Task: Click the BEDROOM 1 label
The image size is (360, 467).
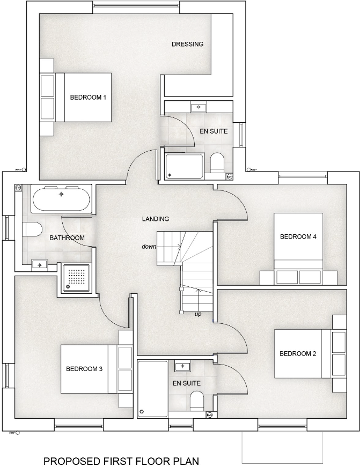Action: [89, 97]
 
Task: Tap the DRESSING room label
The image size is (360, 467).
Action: [187, 44]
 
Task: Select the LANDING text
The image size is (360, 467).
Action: [156, 219]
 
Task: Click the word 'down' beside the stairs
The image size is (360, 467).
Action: [149, 247]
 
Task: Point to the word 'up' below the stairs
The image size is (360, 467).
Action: [198, 314]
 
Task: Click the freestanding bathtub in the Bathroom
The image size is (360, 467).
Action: [61, 199]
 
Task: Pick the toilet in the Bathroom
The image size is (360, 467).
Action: [32, 230]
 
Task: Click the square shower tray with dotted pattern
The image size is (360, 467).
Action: [77, 278]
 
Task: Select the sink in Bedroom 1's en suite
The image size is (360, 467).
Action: [199, 107]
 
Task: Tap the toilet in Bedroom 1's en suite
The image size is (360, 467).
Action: [217, 163]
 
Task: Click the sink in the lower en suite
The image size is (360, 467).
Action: [182, 366]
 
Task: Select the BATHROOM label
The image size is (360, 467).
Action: [67, 238]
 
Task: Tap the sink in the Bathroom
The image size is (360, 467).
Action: [39, 263]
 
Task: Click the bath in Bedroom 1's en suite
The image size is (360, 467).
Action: [185, 166]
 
